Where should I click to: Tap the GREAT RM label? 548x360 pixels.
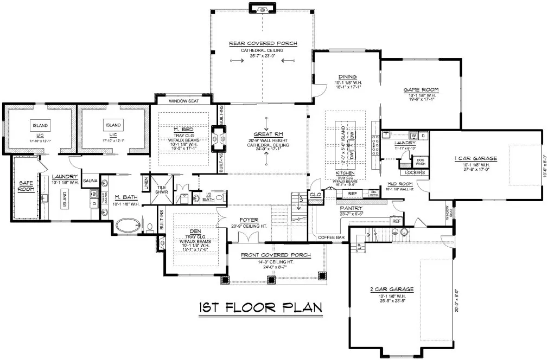pos(266,134)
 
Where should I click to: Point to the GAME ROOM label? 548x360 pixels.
pos(420,89)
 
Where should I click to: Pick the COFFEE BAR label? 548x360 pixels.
pos(330,237)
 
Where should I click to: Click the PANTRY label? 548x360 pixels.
pos(352,208)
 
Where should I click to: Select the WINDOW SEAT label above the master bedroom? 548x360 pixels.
pos(183,101)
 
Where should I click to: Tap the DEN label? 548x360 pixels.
pos(195,231)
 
